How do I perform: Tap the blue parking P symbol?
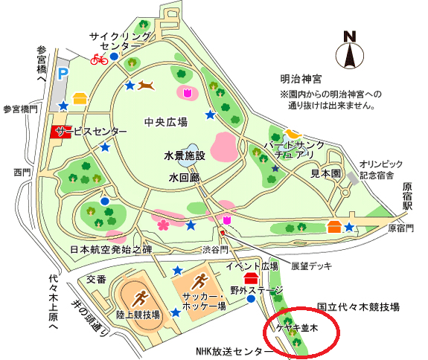[x=63, y=74]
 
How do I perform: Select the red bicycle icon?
[x=98, y=60]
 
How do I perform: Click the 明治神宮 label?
[x=301, y=79]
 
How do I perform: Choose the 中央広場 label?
[x=165, y=121]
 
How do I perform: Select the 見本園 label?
[x=325, y=172]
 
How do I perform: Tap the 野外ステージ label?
[x=256, y=289]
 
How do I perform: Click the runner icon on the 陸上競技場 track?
[x=139, y=299]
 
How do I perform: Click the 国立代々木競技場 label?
[x=358, y=306]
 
